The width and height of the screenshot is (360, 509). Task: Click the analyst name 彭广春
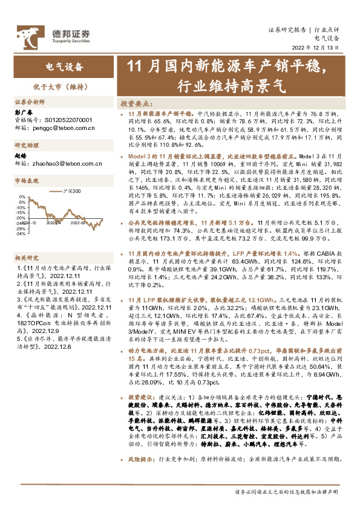tap(22, 112)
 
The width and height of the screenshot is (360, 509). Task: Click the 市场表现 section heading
tap(27, 181)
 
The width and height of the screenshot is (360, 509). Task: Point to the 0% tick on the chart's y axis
tap(22, 197)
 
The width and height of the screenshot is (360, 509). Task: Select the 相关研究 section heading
tap(27, 257)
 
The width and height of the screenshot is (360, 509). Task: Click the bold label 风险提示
tap(141, 459)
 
